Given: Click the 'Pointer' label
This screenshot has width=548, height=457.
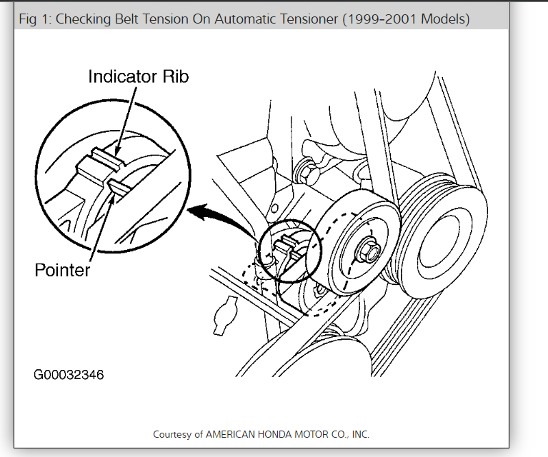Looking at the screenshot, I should (x=62, y=271).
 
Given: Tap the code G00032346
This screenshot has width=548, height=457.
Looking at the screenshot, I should (x=69, y=374).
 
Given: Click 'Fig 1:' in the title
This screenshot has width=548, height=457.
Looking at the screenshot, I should (x=34, y=19).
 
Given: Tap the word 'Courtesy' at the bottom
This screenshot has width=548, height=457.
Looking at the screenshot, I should (x=174, y=434).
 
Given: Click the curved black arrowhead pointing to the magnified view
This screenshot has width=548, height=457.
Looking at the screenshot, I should (x=194, y=211).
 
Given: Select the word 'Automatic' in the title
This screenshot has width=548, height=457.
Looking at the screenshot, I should (x=254, y=19).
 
